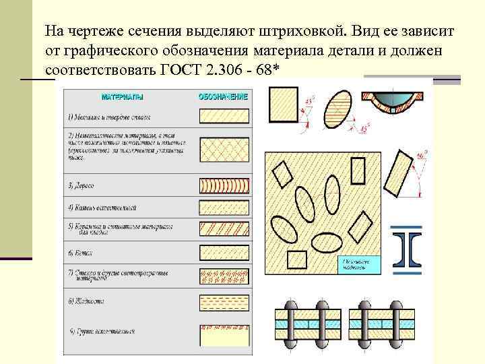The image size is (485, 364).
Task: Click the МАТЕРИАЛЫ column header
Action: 122,97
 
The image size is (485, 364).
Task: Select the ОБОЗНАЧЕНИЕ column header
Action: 223,96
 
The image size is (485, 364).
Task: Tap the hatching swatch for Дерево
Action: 224,185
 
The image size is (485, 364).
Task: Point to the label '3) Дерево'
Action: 81,185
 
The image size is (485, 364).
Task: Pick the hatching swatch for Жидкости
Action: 224,301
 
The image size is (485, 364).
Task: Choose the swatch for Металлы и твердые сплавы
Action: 224,117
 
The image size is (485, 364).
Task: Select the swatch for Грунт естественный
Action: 224,334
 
